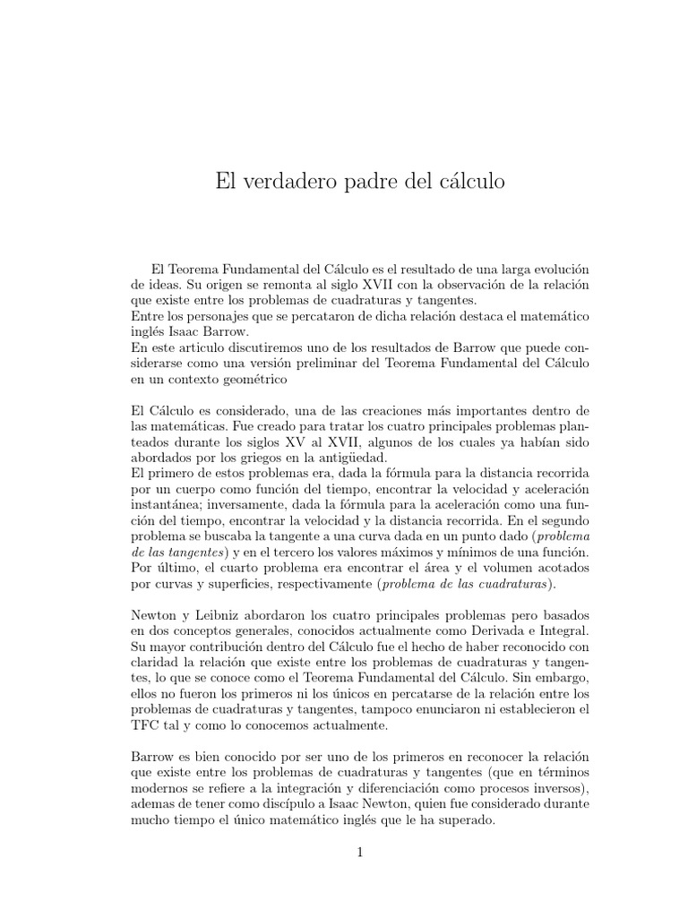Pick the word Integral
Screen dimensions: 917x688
pos(542,632)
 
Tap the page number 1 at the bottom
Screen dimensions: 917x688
pos(359,853)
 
